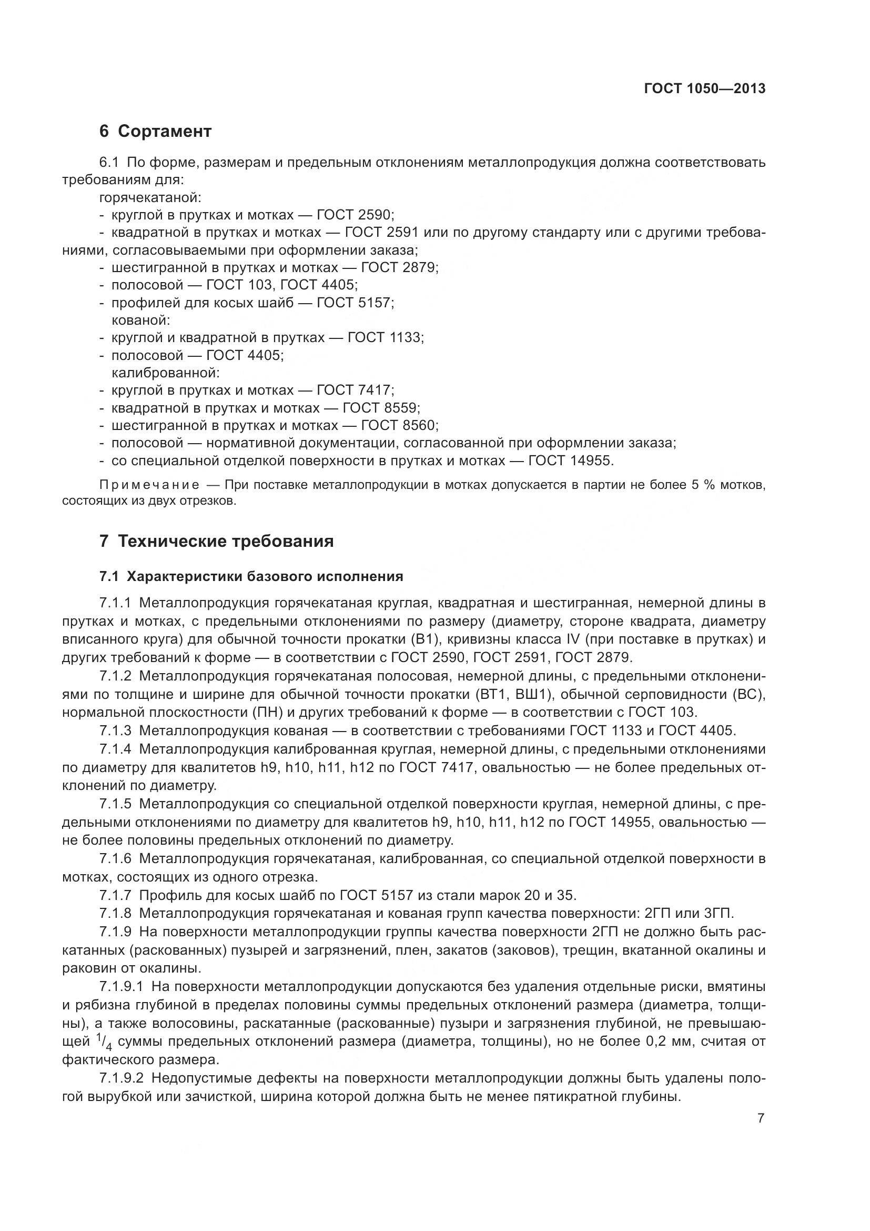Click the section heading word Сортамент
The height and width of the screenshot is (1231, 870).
click(165, 131)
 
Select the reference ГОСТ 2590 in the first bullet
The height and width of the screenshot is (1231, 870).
click(355, 215)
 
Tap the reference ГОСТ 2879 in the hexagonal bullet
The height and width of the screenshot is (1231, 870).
click(399, 267)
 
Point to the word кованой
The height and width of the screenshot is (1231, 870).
click(140, 320)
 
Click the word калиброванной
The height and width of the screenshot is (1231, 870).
click(166, 372)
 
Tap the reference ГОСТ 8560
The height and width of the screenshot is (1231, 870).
click(399, 426)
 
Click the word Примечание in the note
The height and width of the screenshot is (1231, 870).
click(149, 485)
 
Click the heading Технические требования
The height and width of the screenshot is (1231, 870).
click(226, 542)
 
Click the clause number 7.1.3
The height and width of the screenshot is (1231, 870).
click(115, 731)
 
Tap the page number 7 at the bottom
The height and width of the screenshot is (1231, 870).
click(761, 1118)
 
